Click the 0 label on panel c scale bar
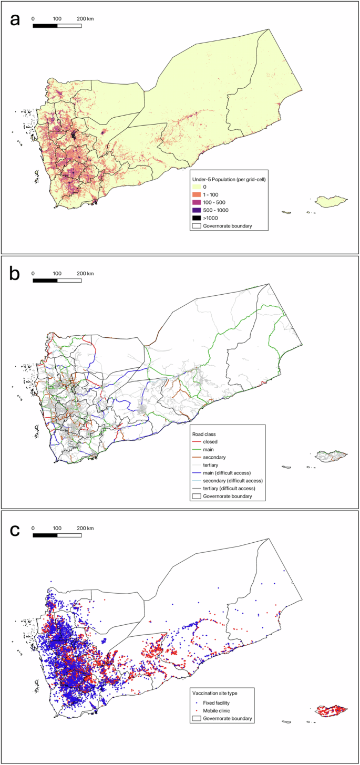click(33, 528)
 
